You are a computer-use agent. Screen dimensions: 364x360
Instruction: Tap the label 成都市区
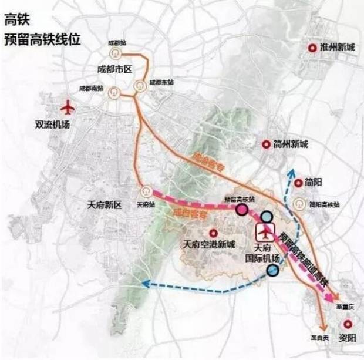click(114, 69)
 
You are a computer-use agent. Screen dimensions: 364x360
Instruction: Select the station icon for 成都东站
click(140, 86)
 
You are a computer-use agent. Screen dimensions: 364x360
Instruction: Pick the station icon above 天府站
click(144, 191)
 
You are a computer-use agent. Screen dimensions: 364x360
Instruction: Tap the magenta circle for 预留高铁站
click(241, 208)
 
